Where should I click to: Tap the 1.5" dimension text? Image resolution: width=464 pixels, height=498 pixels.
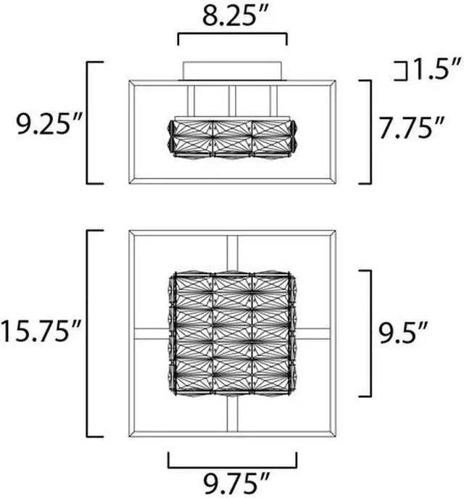pos(435,69)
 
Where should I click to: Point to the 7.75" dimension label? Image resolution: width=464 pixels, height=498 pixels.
pos(412,128)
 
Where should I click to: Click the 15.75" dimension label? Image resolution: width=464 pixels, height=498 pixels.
pos(41,331)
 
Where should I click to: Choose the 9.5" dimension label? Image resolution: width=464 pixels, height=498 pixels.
pos(402,333)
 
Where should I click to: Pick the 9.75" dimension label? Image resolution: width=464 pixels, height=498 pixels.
pos(236,483)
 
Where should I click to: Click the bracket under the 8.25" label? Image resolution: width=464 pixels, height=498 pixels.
pos(233,33)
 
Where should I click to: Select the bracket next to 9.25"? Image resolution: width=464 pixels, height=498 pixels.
pos(87,123)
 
